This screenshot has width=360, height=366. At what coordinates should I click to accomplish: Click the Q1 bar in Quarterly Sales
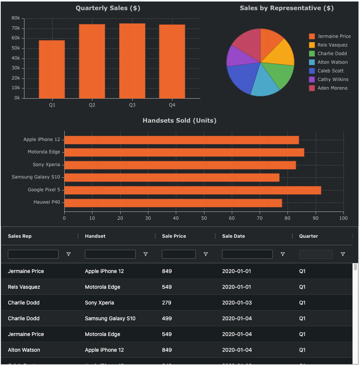pyautogui.click(x=52, y=69)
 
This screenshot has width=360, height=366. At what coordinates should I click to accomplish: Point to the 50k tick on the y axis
pyautogui.click(x=15, y=48)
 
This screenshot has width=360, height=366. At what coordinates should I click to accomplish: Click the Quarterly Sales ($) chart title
pyautogui.click(x=108, y=8)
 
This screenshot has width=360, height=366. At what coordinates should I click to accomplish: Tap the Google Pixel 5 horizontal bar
pyautogui.click(x=193, y=190)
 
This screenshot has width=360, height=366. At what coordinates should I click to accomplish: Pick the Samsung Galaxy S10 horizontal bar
pyautogui.click(x=172, y=177)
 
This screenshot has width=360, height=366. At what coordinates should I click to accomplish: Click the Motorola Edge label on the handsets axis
pyautogui.click(x=44, y=152)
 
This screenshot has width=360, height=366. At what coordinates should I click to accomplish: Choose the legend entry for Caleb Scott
pyautogui.click(x=330, y=71)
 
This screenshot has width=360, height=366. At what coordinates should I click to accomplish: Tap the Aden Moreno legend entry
pyautogui.click(x=332, y=88)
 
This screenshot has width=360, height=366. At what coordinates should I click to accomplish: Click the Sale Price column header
pyautogui.click(x=174, y=236)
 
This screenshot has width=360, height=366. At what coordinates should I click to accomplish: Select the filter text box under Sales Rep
pyautogui.click(x=33, y=254)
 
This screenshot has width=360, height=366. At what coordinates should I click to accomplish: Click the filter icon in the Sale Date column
pyautogui.click(x=283, y=254)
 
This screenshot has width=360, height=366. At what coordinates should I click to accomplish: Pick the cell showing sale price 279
pyautogui.click(x=167, y=303)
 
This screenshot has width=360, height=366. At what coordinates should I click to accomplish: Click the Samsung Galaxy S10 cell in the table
pyautogui.click(x=110, y=318)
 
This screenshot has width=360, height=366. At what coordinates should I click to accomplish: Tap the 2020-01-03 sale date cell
pyautogui.click(x=236, y=303)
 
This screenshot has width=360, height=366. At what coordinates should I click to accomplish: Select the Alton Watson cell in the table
pyautogui.click(x=24, y=350)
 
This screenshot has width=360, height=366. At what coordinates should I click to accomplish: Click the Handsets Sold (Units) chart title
pyautogui.click(x=179, y=121)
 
